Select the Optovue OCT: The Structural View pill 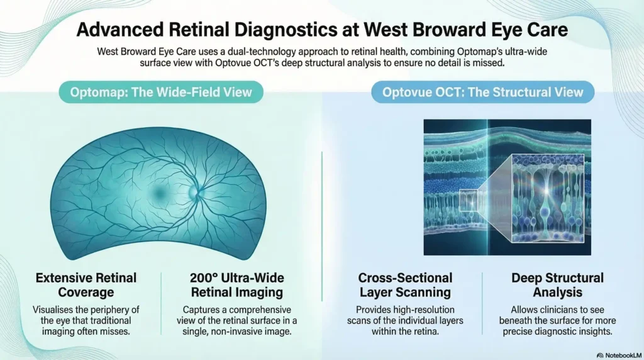pyautogui.click(x=482, y=93)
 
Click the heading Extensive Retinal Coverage pyautogui.click(x=86, y=285)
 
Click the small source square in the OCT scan pyautogui.click(x=472, y=200)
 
